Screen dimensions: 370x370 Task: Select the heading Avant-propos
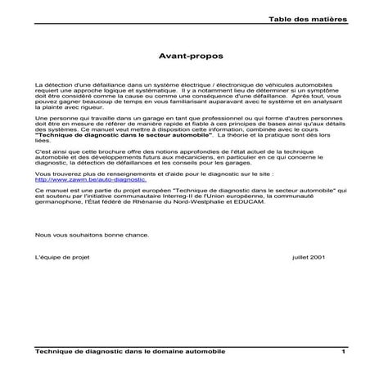coord(184,57)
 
